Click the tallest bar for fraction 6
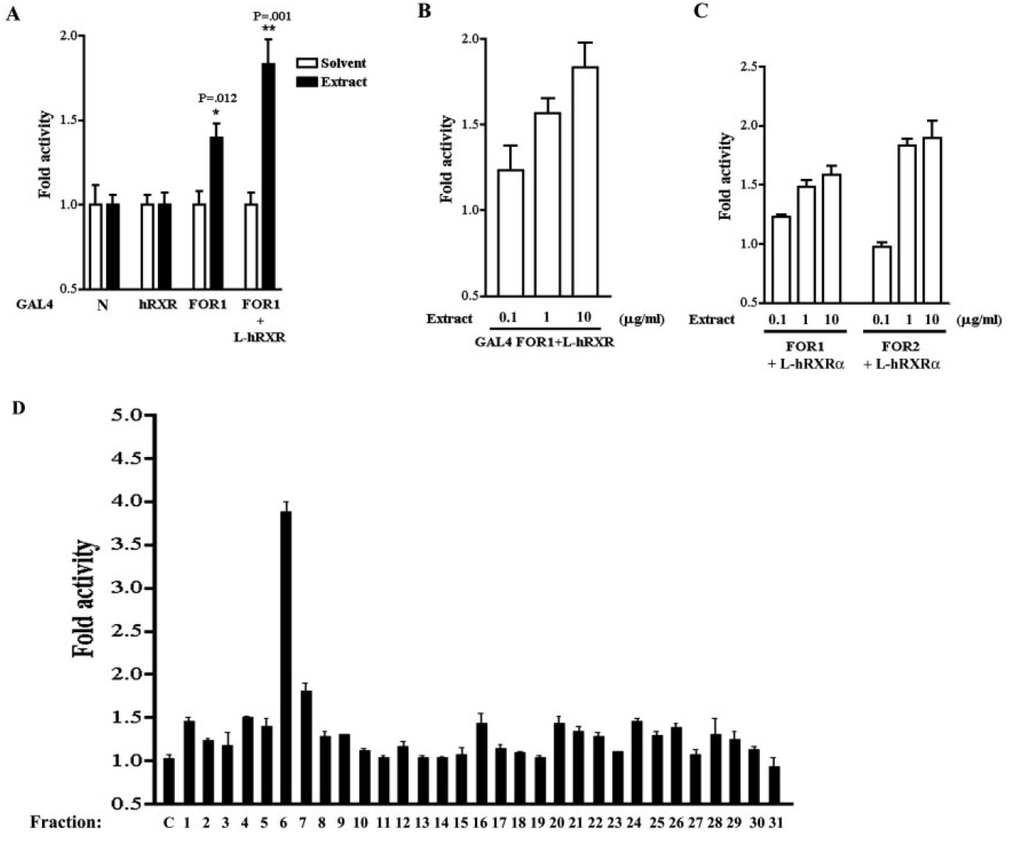point(285,656)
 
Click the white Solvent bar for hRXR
point(147,246)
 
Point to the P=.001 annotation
point(273,16)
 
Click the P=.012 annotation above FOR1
point(217,98)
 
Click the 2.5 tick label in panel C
point(749,67)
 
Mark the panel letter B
point(425,11)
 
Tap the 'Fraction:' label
point(66,822)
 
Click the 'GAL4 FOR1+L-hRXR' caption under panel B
point(543,341)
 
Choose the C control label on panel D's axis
point(168,822)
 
